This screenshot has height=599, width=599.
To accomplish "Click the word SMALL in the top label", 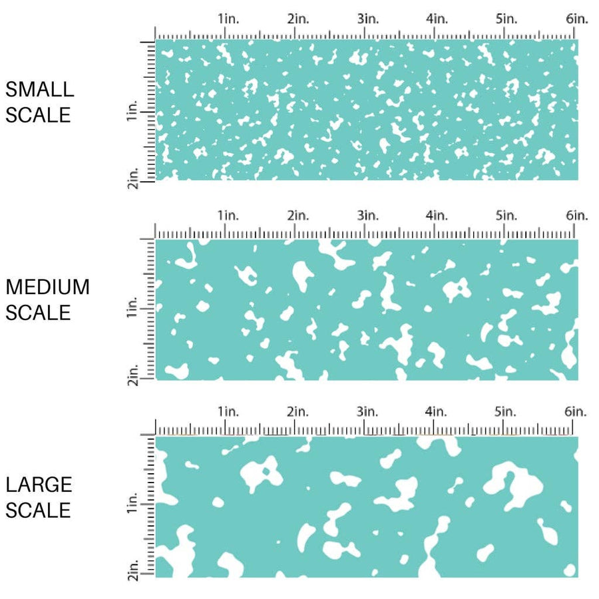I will click(x=39, y=89).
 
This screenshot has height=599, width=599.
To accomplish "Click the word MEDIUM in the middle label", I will click(x=47, y=287).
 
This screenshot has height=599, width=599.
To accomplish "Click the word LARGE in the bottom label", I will click(x=39, y=484).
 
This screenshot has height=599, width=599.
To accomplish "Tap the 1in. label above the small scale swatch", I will click(x=228, y=19).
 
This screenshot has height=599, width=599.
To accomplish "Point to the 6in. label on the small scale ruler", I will click(x=577, y=19).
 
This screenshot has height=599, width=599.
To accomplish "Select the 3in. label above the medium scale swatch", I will click(x=367, y=215).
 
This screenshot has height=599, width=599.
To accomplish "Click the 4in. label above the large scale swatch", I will click(x=437, y=412).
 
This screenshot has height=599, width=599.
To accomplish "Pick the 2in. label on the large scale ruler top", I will click(x=298, y=412).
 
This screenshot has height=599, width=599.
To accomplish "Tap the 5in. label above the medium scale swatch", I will click(x=507, y=215).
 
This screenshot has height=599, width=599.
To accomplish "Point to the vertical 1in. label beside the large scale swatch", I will click(x=132, y=509).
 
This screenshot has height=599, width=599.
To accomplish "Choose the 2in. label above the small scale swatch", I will click(x=298, y=19).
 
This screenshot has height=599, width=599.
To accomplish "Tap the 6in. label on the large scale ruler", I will click(x=577, y=412).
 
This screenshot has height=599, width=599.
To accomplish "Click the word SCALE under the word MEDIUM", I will click(x=38, y=313).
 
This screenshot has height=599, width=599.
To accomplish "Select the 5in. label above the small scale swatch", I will click(x=507, y=19).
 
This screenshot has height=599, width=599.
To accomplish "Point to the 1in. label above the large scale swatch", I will click(x=228, y=412).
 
